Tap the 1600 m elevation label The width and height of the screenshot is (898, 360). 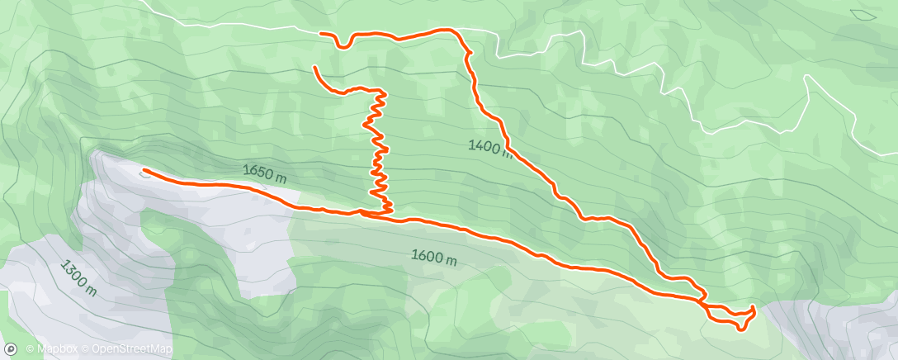tap(434, 257)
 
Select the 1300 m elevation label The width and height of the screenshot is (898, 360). tap(79, 278)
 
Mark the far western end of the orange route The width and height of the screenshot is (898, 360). tap(144, 171)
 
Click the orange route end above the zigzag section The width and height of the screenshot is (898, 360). tap(314, 67)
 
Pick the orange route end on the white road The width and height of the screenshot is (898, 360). tap(321, 33)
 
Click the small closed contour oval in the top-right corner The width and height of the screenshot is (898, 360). tap(865, 13)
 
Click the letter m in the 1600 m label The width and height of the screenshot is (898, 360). tap(451, 258)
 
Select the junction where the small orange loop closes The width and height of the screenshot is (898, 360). tap(704, 304)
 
